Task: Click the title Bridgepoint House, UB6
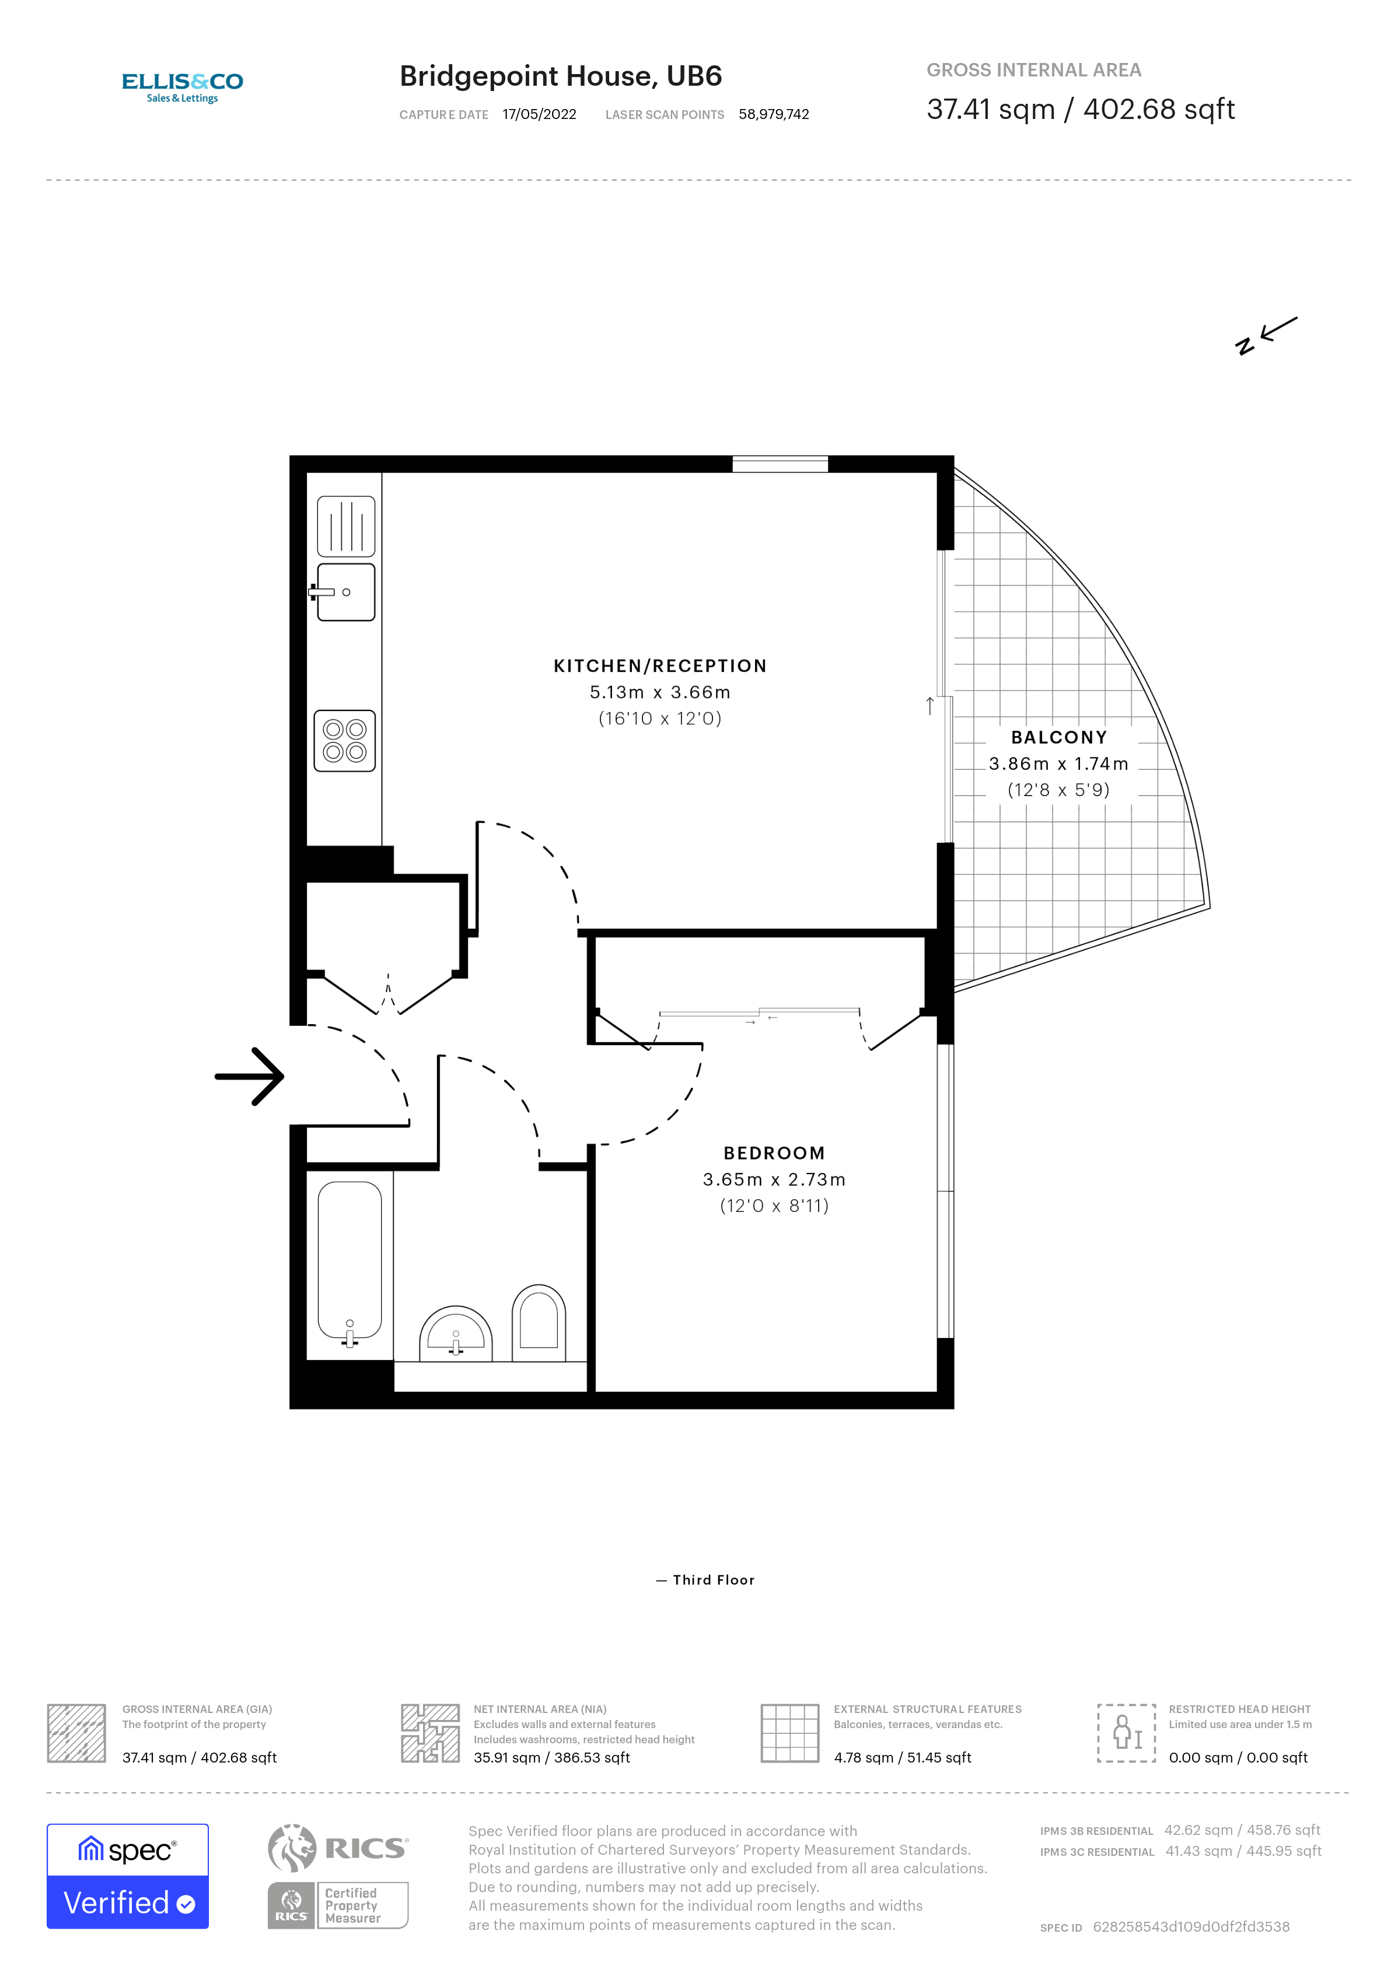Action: click(x=560, y=76)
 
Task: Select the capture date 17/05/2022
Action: click(x=539, y=114)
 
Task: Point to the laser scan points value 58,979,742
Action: click(x=773, y=114)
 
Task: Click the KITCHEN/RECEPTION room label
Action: click(x=659, y=665)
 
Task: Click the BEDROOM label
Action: click(x=774, y=1152)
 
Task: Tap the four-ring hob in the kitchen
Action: click(x=344, y=740)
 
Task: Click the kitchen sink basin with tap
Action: click(x=345, y=592)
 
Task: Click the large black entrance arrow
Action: click(x=250, y=1076)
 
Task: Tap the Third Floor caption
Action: click(x=713, y=1579)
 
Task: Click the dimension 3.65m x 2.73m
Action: click(x=774, y=1179)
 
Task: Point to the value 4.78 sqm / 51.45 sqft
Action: click(x=901, y=1757)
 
